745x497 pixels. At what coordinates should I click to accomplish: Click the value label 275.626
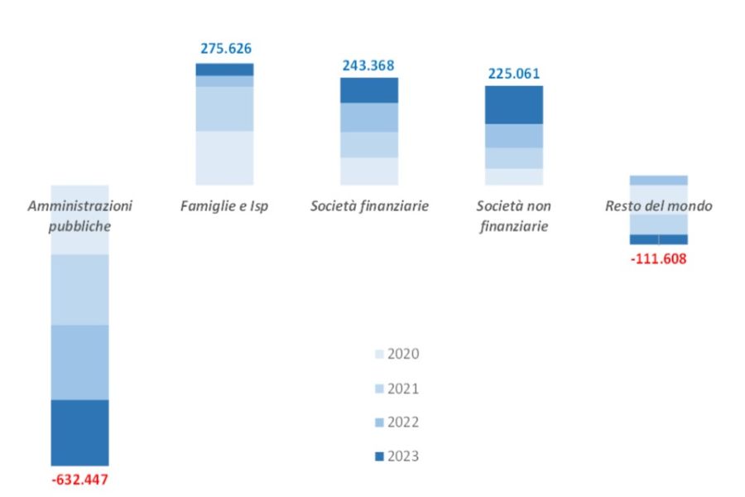226,49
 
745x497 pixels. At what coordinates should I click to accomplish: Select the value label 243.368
368,65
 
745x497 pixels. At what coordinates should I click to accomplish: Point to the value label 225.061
513,72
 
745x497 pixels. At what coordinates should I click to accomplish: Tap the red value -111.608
658,258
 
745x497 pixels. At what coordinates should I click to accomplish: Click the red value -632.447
79,480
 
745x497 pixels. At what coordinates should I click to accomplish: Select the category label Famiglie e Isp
224,206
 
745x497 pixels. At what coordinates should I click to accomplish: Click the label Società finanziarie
369,206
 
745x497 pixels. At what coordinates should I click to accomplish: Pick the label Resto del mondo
658,206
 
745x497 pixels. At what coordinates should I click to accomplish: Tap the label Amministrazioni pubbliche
79,215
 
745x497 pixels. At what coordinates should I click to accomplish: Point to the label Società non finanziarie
513,215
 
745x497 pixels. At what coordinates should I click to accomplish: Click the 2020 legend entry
397,355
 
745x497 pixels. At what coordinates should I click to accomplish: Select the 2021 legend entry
397,388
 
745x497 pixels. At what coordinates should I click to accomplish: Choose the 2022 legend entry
397,422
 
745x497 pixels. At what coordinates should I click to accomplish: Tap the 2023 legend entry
397,456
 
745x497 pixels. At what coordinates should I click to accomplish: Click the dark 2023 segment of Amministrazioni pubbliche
79,432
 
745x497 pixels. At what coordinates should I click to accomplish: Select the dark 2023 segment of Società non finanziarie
513,104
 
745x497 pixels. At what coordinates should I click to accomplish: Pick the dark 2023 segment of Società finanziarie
369,90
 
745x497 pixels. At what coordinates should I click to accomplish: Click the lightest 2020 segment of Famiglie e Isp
224,157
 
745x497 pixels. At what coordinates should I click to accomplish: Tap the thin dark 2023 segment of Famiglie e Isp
224,70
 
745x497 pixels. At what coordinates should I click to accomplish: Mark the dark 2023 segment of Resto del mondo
658,239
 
